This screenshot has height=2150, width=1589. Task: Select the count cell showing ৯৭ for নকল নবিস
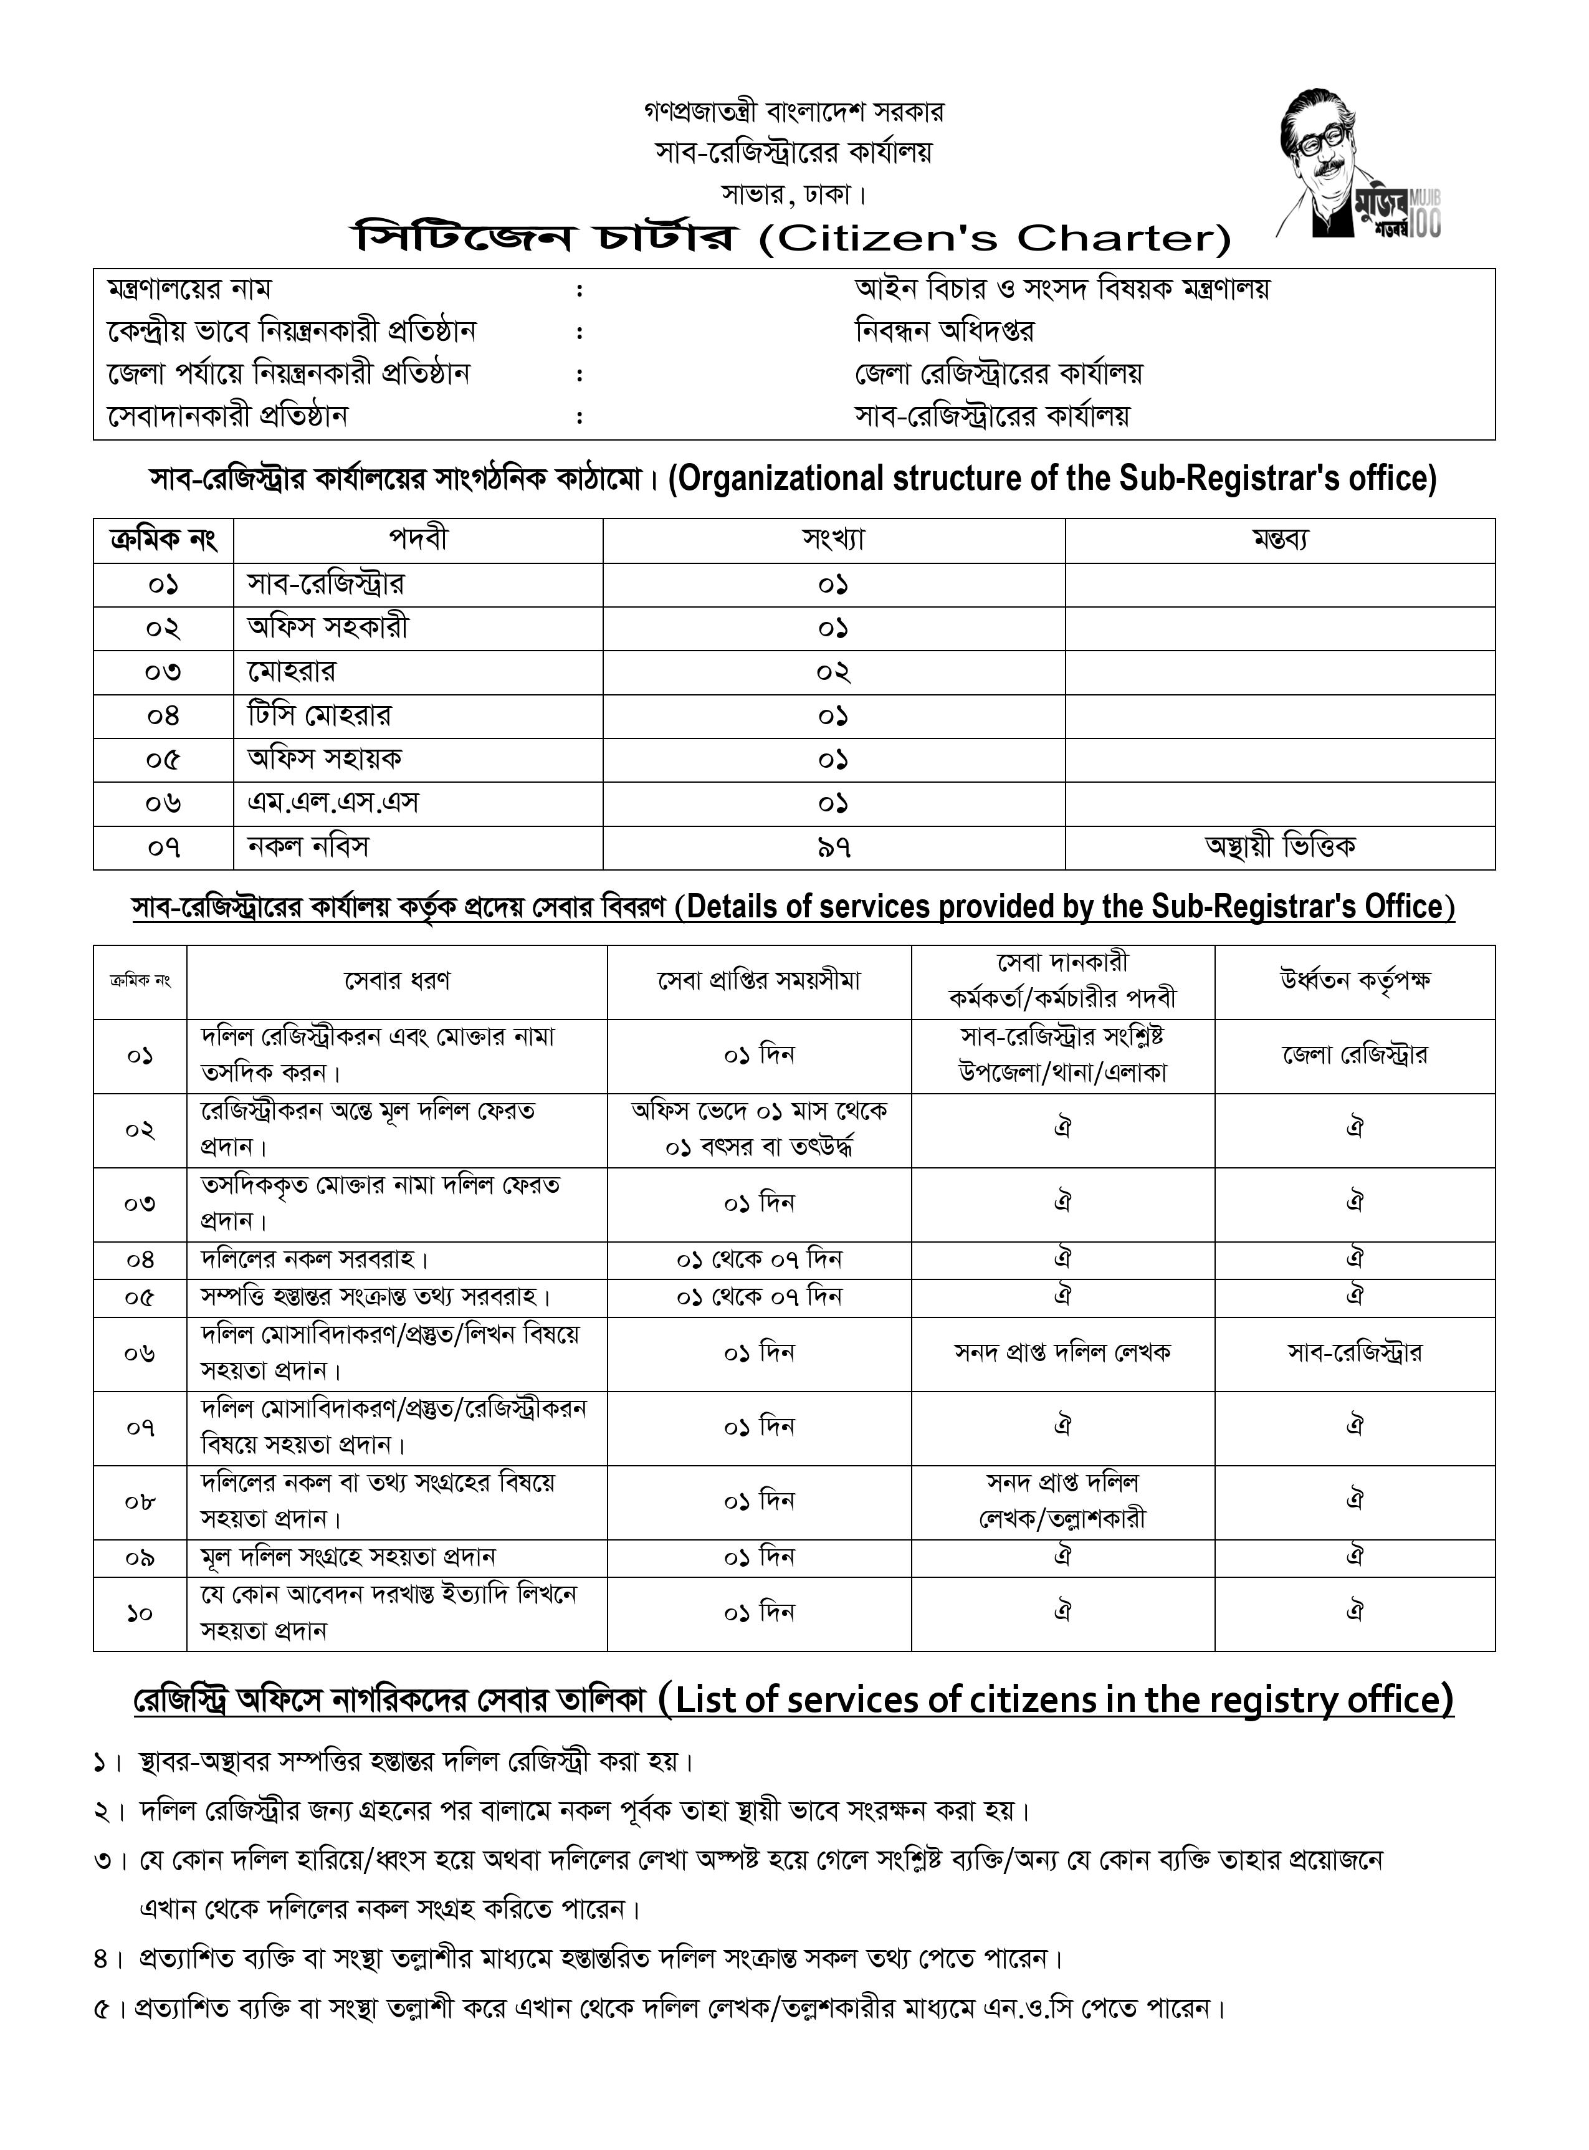[833, 848]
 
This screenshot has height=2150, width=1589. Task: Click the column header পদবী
[418, 540]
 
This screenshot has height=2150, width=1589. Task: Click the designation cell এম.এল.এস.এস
[333, 803]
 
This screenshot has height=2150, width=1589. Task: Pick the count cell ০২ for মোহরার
[833, 671]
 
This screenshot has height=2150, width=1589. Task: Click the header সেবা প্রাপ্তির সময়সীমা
[759, 981]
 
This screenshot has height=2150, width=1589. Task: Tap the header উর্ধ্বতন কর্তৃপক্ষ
[1354, 981]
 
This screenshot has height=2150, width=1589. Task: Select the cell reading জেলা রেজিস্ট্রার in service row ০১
[1354, 1055]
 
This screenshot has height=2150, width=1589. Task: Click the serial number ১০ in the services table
[140, 1613]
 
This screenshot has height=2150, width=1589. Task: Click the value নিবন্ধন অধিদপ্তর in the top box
[945, 332]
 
